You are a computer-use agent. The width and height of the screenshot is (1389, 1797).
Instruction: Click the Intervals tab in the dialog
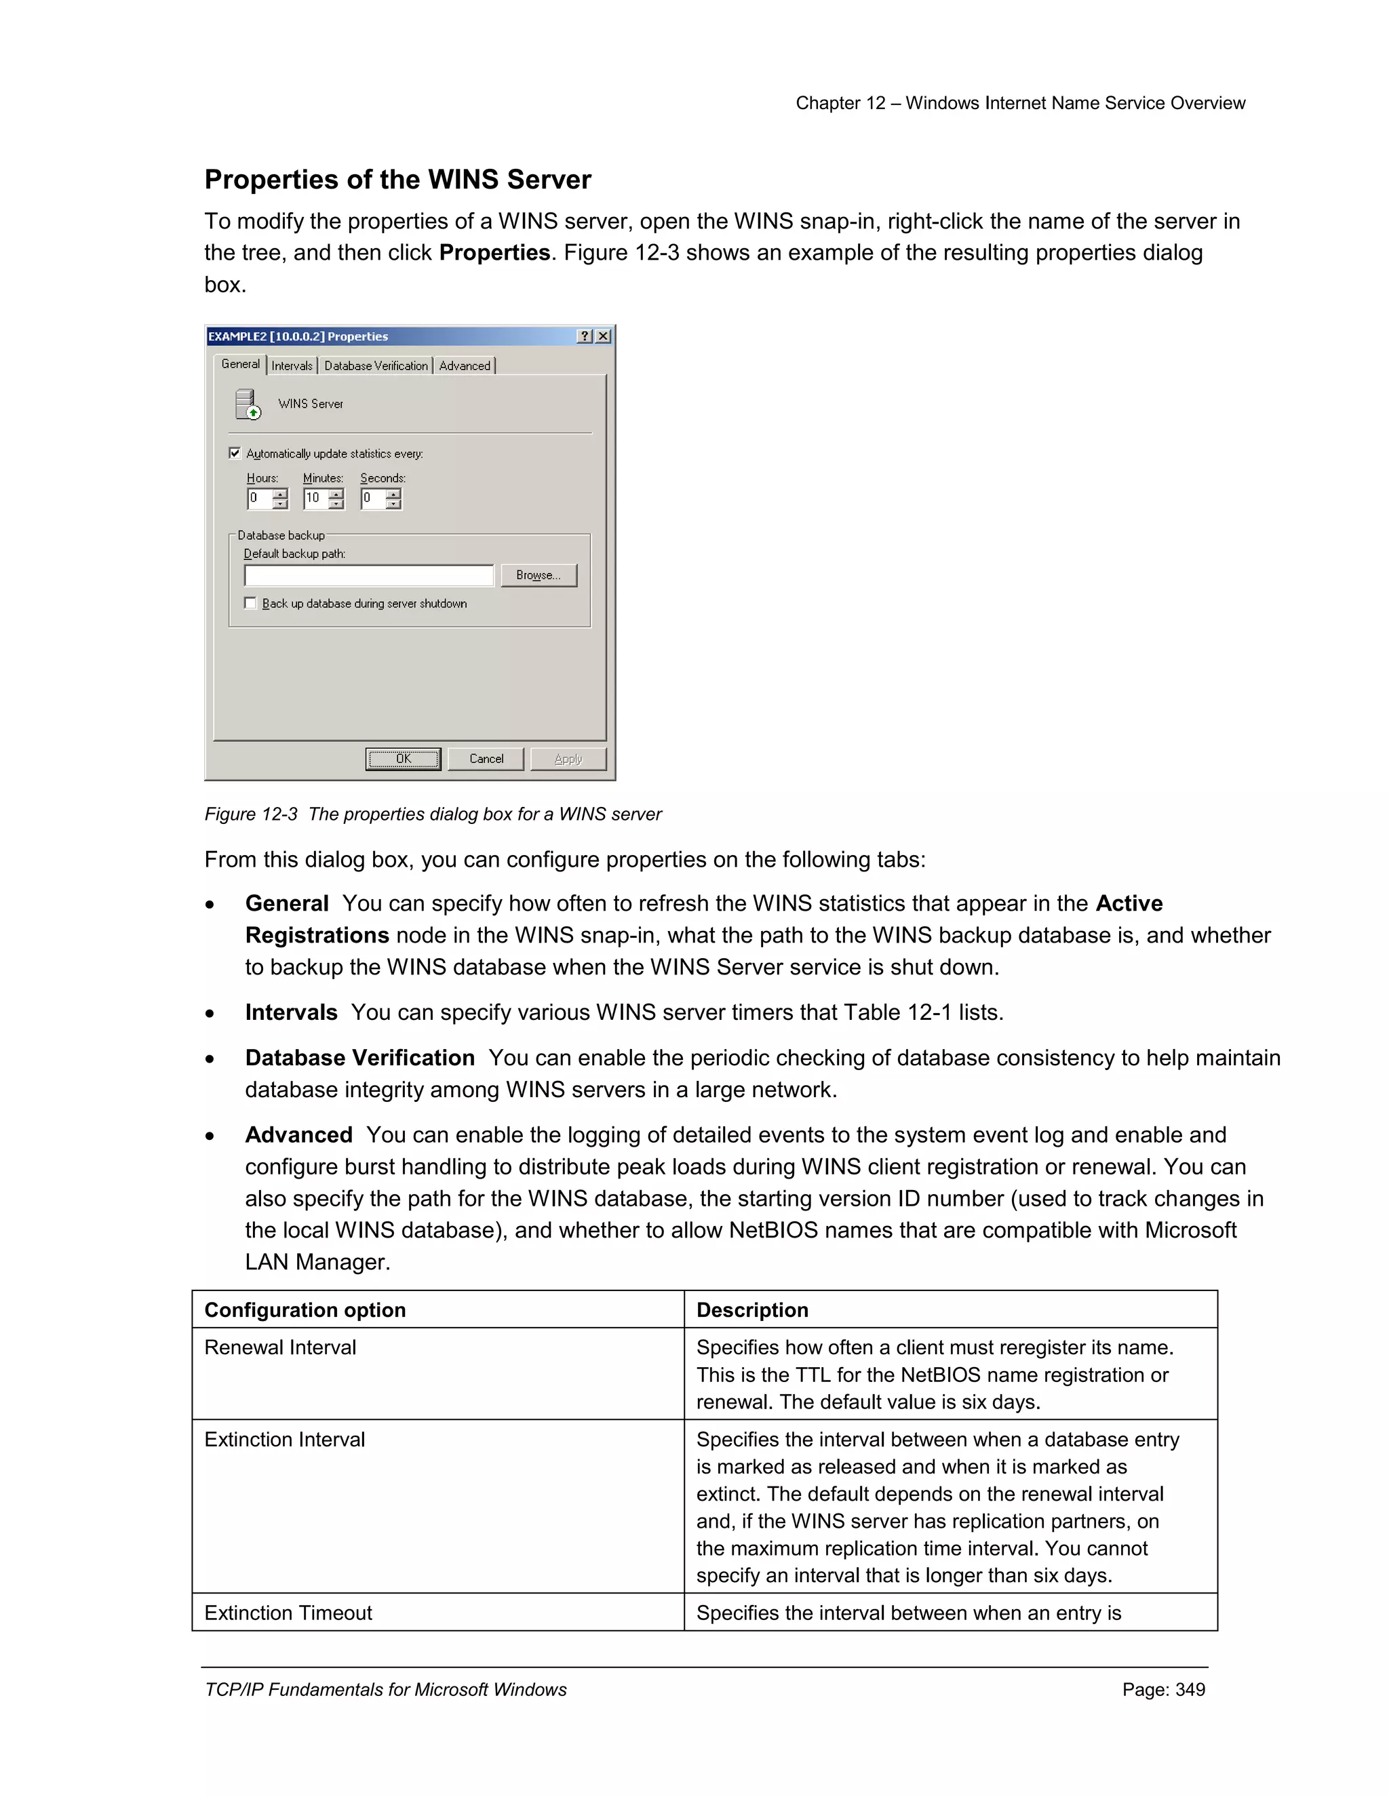tap(292, 366)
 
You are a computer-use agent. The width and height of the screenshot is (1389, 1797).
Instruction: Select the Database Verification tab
tap(376, 366)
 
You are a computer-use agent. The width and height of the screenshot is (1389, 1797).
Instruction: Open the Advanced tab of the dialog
tap(465, 366)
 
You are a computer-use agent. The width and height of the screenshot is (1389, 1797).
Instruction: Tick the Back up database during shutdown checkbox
tap(250, 602)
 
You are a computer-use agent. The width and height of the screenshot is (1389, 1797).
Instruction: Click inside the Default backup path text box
tap(369, 574)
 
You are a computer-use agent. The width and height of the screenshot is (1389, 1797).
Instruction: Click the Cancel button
tap(486, 758)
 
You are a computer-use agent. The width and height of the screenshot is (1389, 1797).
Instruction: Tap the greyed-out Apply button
tap(568, 758)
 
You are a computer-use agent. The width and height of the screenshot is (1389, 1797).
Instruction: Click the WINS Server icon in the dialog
tap(247, 405)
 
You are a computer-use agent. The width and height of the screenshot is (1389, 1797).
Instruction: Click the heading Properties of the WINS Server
tap(397, 180)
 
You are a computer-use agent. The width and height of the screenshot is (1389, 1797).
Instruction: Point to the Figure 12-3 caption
tap(433, 814)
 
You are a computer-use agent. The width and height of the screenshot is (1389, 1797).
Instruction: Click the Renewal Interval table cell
tap(281, 1347)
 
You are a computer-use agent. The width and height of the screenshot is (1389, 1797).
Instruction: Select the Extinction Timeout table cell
tap(288, 1612)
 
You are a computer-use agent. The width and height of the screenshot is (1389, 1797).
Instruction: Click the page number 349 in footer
tap(1189, 1689)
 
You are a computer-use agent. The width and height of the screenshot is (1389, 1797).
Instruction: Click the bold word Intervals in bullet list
tap(291, 1012)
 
